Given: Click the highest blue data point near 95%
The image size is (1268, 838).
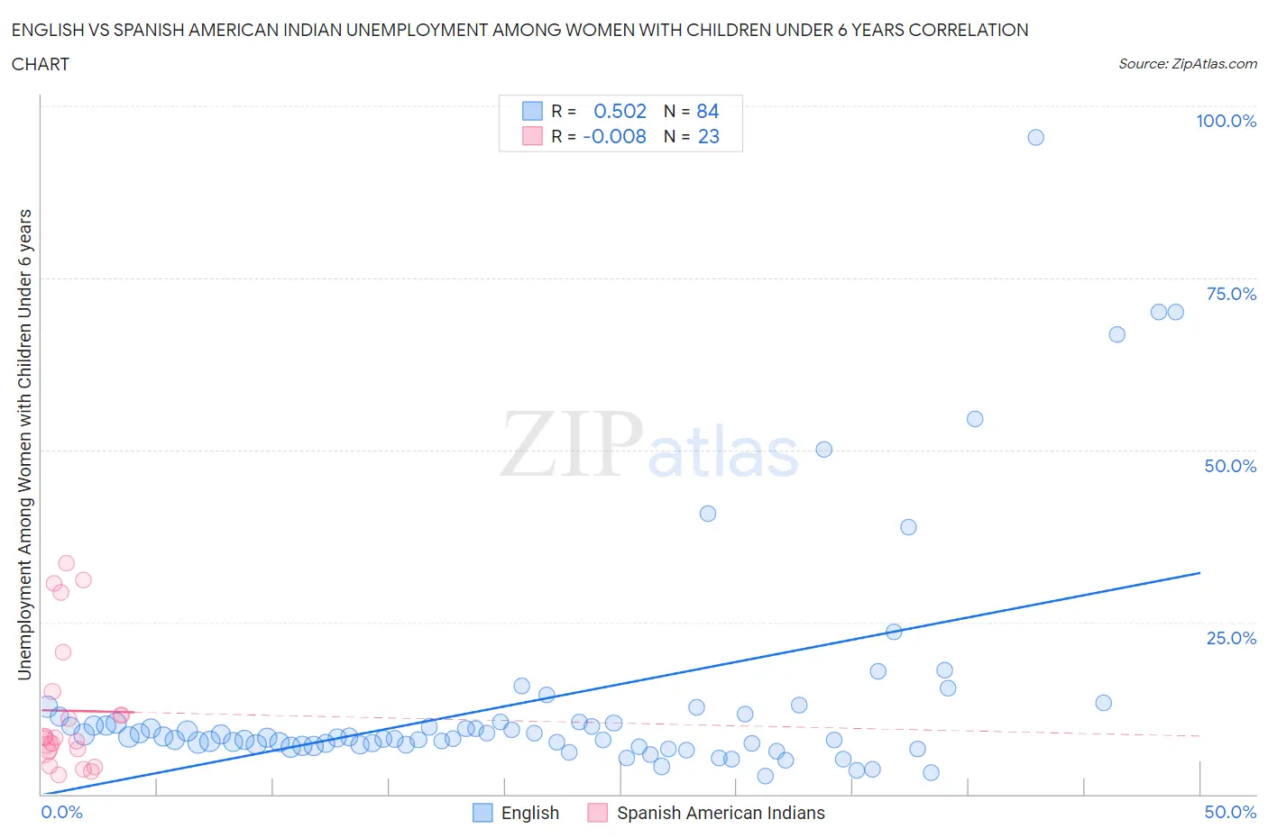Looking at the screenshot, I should (x=1035, y=137).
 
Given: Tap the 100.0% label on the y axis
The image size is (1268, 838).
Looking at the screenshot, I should (x=1226, y=121).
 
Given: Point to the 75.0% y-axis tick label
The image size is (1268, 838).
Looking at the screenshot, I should (x=1230, y=294).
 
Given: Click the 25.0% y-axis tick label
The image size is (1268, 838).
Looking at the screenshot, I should (x=1230, y=638).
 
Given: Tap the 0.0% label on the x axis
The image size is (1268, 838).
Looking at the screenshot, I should (x=61, y=812).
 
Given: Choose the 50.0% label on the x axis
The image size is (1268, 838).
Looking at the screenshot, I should (x=1229, y=812).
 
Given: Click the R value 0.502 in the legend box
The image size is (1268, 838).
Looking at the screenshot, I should (x=620, y=111).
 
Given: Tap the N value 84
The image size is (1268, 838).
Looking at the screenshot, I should (x=707, y=111).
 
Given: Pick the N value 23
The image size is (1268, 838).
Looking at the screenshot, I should (x=708, y=136).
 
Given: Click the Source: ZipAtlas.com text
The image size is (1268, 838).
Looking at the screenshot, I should (x=1187, y=63).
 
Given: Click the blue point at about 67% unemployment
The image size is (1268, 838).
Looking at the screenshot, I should (x=1116, y=334).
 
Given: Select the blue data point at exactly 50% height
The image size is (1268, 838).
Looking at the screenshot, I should (x=823, y=449).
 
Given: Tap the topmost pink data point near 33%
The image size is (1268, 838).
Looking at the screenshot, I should (x=66, y=563).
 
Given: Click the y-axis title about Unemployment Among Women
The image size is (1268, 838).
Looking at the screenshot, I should (x=24, y=444).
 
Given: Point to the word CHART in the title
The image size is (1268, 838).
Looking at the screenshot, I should (x=41, y=64).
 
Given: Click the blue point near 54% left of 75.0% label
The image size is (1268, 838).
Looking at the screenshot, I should (x=974, y=419).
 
